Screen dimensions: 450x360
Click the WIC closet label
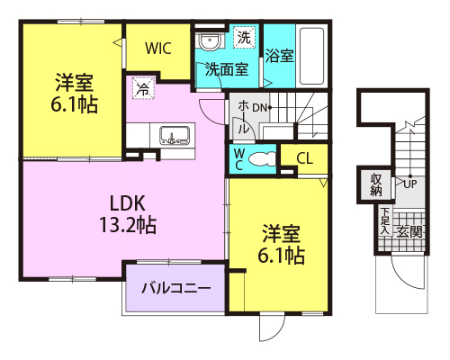tap(158, 49)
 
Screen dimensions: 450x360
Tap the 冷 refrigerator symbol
tap(143, 88)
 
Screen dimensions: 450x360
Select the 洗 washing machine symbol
tap(244, 37)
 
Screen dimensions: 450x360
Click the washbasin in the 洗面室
tap(210, 41)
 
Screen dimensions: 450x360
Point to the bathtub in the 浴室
tap(311, 57)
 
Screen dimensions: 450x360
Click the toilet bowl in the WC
tap(262, 159)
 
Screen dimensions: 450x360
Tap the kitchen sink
tap(175, 135)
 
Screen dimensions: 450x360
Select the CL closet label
tap(305, 158)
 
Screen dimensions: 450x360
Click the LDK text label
tap(127, 203)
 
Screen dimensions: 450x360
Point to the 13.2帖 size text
tap(128, 225)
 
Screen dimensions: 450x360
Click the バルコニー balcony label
tap(176, 288)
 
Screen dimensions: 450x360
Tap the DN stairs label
tap(259, 108)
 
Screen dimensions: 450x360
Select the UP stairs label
tap(410, 184)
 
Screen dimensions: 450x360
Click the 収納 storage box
tap(376, 185)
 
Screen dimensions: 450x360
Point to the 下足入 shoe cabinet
tap(385, 221)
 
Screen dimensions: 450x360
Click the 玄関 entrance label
tap(409, 232)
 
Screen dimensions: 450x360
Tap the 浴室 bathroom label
tap(279, 56)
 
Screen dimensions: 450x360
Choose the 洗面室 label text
tap(227, 69)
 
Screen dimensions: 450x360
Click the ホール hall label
tap(244, 117)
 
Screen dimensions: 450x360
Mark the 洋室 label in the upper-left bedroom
tap(74, 83)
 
